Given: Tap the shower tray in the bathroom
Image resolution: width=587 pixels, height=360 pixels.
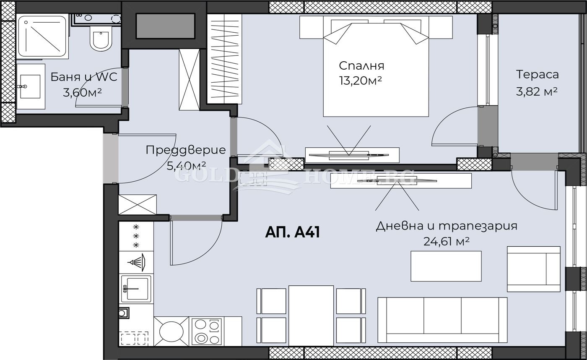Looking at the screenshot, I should (43, 37).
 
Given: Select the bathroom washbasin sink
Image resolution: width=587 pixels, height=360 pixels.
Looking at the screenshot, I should (30, 86).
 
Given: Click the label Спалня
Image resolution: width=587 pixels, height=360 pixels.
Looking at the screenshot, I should (361, 66).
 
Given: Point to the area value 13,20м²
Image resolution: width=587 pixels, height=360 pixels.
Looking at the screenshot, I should (360, 81).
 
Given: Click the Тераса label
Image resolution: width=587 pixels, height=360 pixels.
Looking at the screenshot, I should (537, 75).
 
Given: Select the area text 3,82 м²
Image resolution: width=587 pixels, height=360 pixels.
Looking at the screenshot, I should (537, 91).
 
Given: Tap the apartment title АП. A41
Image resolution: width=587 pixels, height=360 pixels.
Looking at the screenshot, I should (292, 232).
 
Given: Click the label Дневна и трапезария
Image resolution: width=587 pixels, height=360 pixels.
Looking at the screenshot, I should (446, 226).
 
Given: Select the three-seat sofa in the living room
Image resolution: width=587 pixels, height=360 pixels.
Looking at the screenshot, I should (442, 320).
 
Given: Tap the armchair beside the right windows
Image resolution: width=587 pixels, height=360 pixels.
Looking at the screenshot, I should (533, 269).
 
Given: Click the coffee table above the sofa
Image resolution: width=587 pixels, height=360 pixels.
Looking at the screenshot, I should (446, 266).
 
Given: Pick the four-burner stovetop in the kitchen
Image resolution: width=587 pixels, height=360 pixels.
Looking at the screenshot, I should (206, 331).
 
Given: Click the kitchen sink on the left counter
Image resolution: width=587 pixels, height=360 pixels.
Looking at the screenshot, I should (135, 289).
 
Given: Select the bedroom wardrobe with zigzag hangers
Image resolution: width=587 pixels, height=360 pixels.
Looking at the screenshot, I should (225, 59).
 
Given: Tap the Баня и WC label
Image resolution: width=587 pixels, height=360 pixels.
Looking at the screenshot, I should (83, 77).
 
